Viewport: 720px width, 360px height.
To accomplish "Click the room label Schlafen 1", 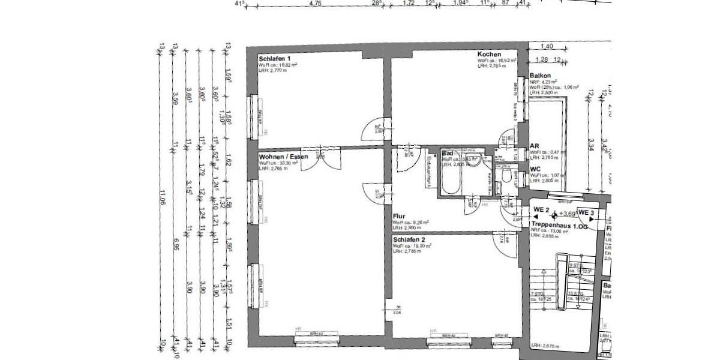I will (275, 58).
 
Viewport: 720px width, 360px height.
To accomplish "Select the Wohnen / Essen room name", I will (283, 157).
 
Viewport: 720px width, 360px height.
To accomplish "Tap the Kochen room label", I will (489, 55).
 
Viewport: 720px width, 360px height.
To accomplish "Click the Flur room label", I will (400, 215).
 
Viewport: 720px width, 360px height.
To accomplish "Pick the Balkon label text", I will (540, 76).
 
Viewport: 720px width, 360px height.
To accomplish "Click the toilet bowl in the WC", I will (508, 176).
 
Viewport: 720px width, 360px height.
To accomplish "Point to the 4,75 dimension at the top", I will (315, 4).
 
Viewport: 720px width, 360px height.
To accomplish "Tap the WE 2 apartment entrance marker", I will (542, 210).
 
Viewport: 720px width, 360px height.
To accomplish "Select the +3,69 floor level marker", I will (567, 213).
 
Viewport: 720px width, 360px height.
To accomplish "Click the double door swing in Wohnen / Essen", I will (321, 159).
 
